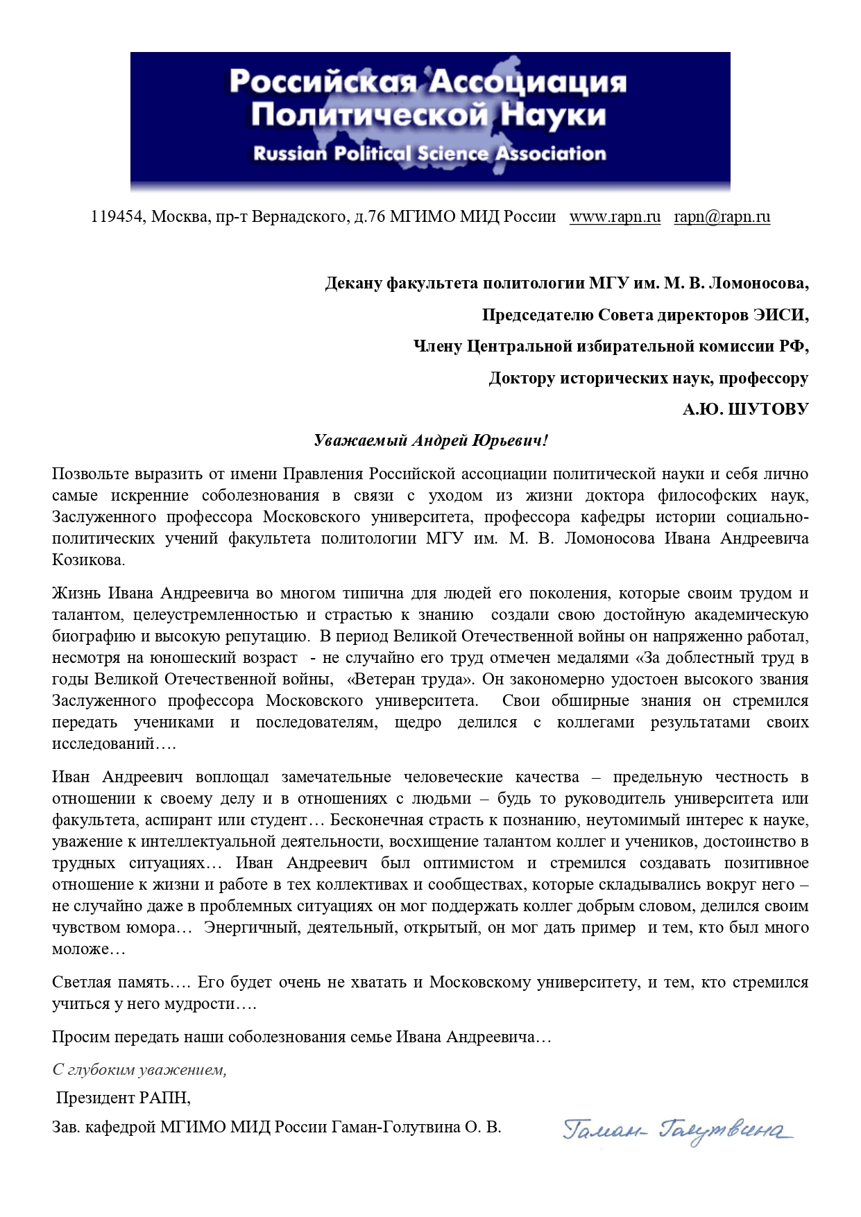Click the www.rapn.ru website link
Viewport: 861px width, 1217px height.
point(615,217)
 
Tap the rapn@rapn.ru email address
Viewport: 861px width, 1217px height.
point(722,217)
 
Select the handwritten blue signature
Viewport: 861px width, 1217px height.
point(678,1131)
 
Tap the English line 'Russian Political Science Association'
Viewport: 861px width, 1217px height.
point(429,153)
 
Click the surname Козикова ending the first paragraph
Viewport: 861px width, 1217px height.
point(87,560)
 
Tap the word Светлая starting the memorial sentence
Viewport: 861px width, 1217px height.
point(79,983)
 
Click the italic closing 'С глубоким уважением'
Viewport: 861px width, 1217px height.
point(139,1070)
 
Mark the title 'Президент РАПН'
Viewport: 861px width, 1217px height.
point(123,1098)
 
